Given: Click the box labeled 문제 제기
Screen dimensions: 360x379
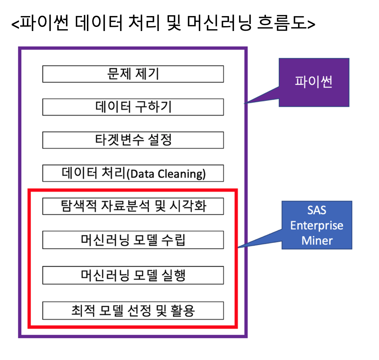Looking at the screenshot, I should pos(133,74).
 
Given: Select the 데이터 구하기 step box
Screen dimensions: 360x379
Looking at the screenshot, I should pos(133,107).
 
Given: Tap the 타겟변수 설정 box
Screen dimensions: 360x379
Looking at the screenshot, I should pos(133,140).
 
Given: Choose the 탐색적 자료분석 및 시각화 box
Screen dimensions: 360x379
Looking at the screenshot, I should pos(133,206).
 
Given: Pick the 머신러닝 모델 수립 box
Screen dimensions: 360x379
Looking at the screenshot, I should pos(133,240).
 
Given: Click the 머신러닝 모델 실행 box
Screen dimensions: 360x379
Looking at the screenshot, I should pos(133,275).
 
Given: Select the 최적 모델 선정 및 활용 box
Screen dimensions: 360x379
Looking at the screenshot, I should pos(133,311).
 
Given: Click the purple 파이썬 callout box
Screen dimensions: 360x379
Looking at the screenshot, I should pos(314,82).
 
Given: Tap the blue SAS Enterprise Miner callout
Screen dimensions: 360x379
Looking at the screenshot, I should pos(317,225).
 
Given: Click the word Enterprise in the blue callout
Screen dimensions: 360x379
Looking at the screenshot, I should pos(317,226).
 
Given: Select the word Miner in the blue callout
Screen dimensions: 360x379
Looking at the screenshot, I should pos(317,240).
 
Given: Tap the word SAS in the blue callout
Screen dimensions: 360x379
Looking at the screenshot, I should pos(317,211).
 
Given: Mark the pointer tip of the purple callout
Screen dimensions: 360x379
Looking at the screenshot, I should pos(245,103).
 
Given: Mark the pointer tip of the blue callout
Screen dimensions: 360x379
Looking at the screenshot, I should pos(238,247).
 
